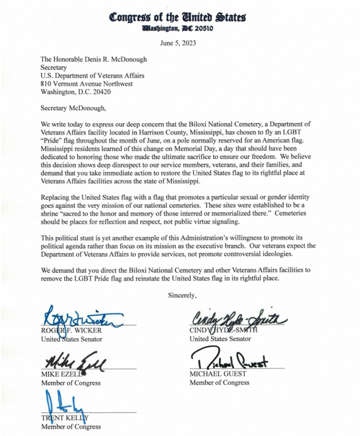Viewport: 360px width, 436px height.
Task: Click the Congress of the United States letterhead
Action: click(x=177, y=17)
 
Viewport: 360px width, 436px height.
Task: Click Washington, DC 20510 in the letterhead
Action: click(x=177, y=27)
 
